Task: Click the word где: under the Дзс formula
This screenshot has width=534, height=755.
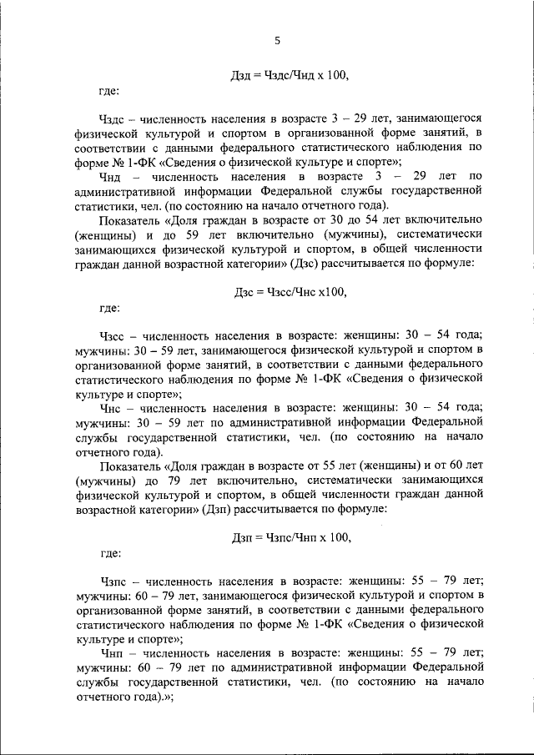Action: tap(108, 308)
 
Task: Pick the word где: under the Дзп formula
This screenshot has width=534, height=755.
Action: tap(108, 552)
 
